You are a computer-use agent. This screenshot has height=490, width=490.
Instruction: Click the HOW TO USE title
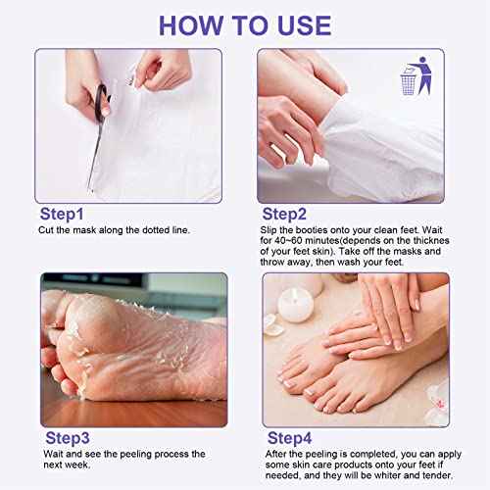245,24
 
